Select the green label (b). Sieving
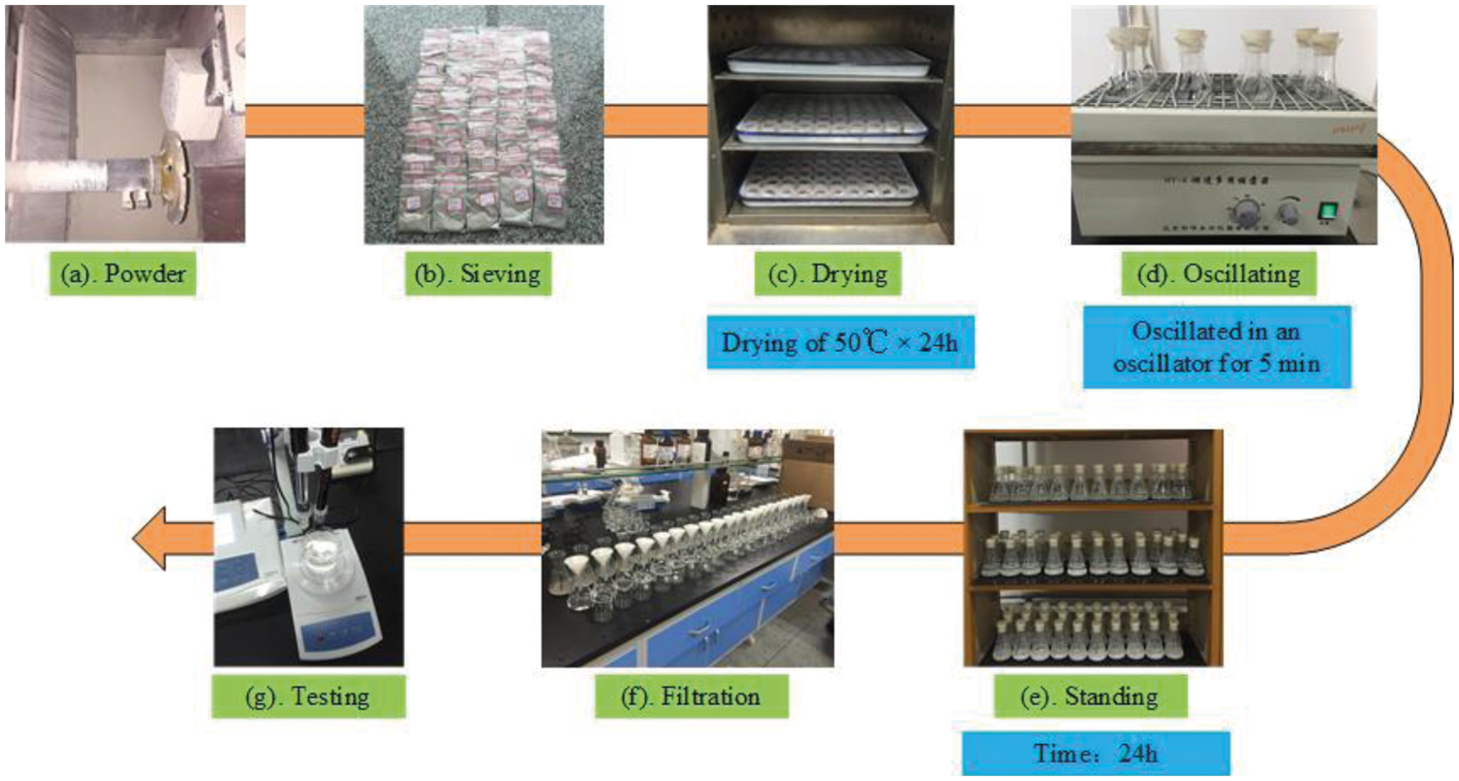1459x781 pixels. pos(480,275)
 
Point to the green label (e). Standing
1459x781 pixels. pos(1088,697)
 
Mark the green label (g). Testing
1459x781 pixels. pos(307,697)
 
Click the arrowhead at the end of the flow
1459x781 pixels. pos(156,548)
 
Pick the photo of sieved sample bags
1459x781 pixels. pos(480,124)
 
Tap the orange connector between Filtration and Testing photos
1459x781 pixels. pos(473,546)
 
